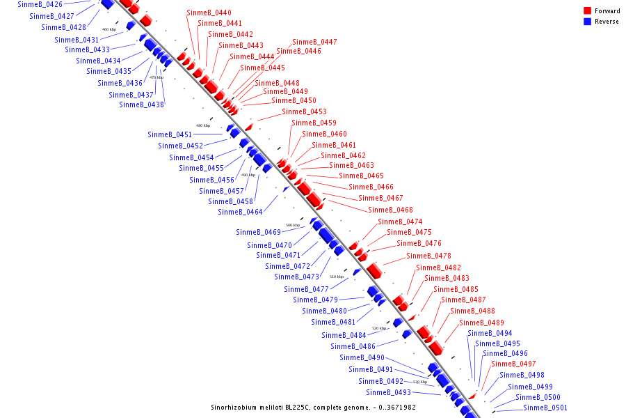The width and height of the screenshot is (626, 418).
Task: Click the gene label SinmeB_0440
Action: [209, 13]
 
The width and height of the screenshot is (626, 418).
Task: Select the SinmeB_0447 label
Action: [314, 42]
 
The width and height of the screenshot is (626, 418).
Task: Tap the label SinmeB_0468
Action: [390, 210]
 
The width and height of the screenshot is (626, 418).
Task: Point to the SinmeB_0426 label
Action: [40, 5]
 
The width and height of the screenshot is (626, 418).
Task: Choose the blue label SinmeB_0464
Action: [240, 212]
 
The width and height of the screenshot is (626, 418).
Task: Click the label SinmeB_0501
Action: [545, 408]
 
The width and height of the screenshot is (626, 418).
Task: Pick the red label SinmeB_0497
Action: [513, 364]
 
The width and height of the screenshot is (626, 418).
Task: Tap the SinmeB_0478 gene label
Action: [428, 256]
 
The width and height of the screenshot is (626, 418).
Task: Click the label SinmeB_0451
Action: [170, 135]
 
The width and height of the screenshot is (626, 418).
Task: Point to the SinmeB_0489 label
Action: [481, 323]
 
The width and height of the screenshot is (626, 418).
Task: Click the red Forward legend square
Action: [588, 11]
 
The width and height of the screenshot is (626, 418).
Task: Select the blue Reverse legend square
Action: [588, 22]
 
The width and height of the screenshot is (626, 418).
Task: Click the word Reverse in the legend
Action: [607, 22]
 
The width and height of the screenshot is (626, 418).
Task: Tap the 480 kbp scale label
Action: [202, 126]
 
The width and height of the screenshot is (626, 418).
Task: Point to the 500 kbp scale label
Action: [293, 226]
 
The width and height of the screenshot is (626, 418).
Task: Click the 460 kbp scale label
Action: [109, 29]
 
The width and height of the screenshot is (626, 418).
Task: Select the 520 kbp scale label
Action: [379, 328]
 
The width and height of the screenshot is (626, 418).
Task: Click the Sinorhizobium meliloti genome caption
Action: [313, 408]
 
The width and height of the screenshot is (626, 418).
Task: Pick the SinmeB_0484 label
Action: [344, 336]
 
